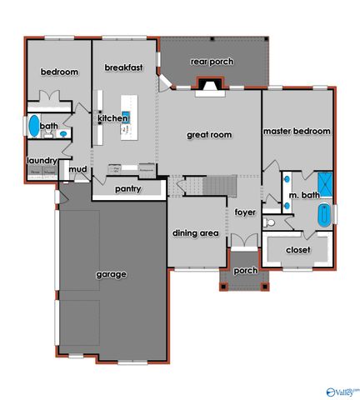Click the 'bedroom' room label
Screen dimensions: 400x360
pos(59,72)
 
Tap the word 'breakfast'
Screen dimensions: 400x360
pos(123,67)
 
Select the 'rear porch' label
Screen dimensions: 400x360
pos(212,62)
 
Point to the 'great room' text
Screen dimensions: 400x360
pos(209,135)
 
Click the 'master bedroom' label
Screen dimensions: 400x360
pos(297,132)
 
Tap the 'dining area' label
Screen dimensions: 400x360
pos(196,233)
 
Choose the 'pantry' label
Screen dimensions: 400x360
pos(127,189)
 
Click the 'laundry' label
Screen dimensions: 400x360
pos(41,160)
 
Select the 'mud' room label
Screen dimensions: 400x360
pos(77,170)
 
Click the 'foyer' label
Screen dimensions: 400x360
pos(244,212)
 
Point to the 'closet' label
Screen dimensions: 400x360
pos(297,250)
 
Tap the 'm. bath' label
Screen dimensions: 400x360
pos(304,196)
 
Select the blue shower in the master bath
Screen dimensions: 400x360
pos(323,182)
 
